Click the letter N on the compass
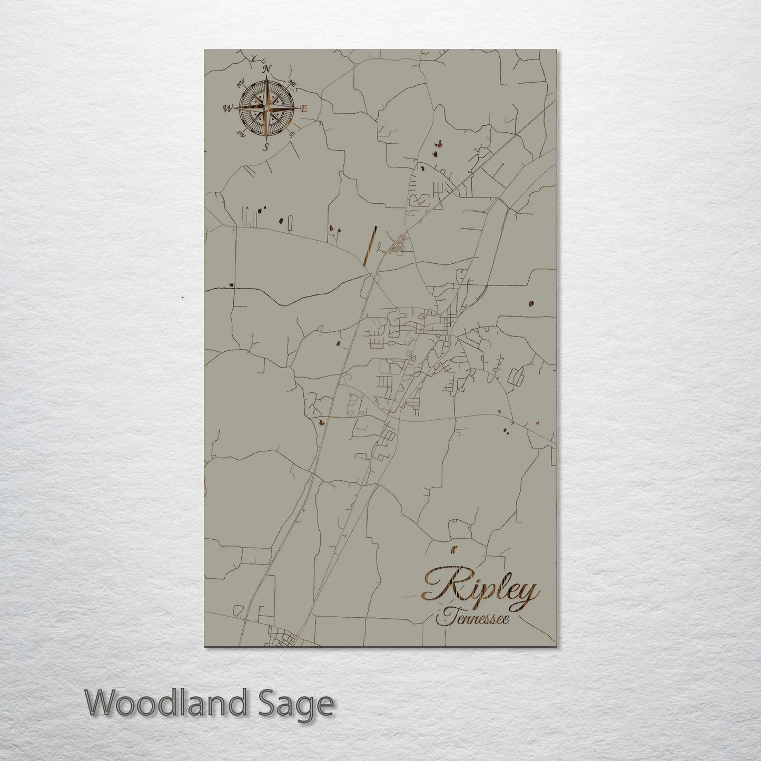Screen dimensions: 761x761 (x=267, y=70)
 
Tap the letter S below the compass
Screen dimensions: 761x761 (x=266, y=147)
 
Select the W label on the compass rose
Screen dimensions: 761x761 (x=228, y=109)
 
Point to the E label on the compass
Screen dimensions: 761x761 (x=304, y=108)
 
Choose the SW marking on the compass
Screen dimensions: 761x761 (x=240, y=132)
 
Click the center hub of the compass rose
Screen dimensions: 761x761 (x=266, y=108)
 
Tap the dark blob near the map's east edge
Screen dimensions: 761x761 (x=530, y=303)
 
